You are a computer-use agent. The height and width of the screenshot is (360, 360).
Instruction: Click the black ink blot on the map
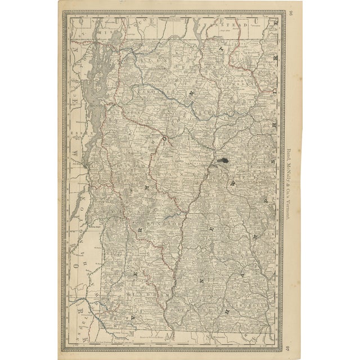pos(223,161)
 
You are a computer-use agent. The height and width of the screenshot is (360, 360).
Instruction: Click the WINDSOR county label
pos(153,223)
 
